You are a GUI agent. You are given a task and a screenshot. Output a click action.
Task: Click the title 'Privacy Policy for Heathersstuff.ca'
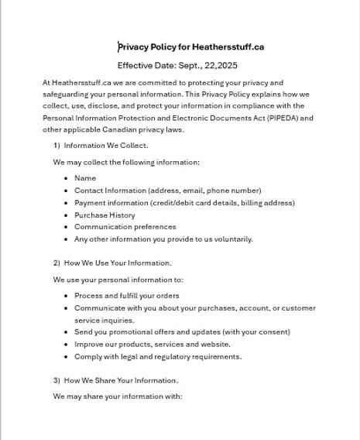coord(191,47)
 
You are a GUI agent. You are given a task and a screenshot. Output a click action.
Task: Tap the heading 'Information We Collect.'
coord(106,146)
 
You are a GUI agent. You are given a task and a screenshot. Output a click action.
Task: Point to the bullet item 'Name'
coord(85,178)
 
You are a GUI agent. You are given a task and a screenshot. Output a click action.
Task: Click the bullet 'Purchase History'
coord(105,215)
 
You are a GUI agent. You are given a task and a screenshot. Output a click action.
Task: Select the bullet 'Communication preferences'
coord(125,227)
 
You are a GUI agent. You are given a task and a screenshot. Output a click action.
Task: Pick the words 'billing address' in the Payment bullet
coord(269,203)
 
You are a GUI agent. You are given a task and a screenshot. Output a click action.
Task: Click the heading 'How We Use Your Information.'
coord(118,263)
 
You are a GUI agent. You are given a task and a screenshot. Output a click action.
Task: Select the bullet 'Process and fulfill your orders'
coord(126,296)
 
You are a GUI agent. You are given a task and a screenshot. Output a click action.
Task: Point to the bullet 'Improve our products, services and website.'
coord(153,345)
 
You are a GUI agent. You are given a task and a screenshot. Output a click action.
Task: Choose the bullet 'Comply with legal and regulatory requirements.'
coord(158,357)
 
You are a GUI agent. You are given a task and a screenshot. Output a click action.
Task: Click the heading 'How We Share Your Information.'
coord(121,380)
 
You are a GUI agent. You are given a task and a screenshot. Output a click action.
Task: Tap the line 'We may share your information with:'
coord(118,397)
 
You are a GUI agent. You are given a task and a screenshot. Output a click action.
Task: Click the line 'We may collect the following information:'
coord(126,163)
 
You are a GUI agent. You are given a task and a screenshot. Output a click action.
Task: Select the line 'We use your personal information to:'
coord(118,280)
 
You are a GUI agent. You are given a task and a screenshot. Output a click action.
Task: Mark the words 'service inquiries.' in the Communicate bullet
coord(105,321)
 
